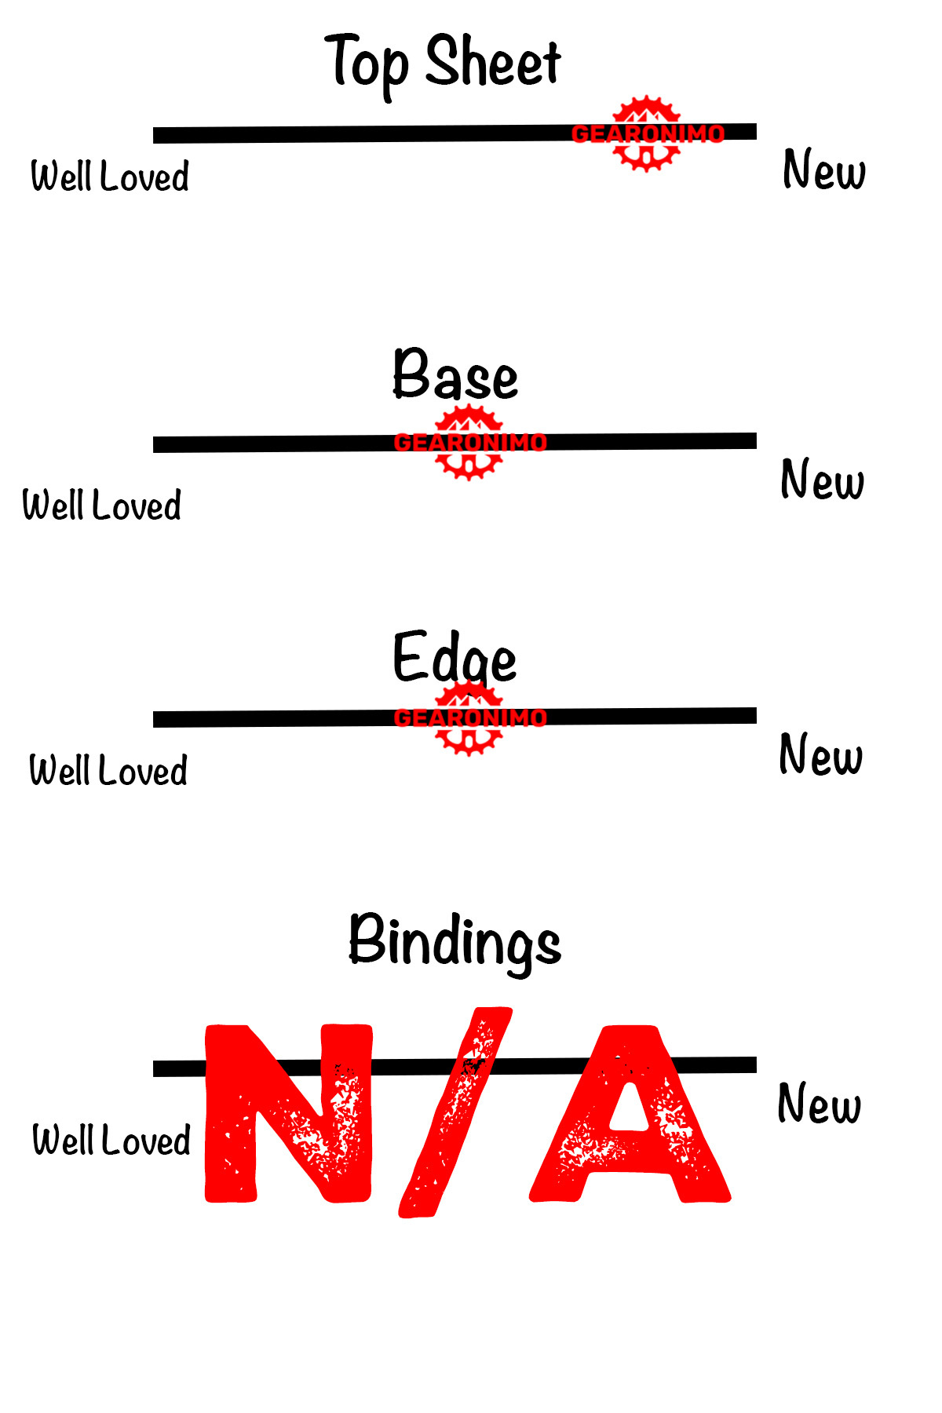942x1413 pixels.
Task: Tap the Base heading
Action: click(x=455, y=375)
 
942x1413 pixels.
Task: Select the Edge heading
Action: click(x=455, y=658)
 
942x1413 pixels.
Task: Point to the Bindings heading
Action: click(x=455, y=940)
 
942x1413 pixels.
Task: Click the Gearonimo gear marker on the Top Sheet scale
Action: click(x=646, y=133)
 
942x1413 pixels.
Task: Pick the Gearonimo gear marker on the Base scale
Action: click(x=469, y=442)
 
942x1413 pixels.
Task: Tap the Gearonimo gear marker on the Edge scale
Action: click(x=469, y=717)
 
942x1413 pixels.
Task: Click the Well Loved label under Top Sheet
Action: click(x=110, y=176)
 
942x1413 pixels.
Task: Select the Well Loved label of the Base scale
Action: click(x=102, y=505)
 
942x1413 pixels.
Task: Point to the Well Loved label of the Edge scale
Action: click(x=108, y=770)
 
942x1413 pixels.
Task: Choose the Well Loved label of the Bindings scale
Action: click(x=111, y=1140)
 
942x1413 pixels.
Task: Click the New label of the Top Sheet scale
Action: click(x=824, y=170)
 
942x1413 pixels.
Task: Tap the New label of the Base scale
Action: click(x=822, y=480)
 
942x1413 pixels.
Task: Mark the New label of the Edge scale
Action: click(x=820, y=754)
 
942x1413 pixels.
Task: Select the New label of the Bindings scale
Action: click(x=819, y=1103)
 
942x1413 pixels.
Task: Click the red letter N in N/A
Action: click(x=287, y=1113)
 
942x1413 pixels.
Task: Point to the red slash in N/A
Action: click(x=455, y=1113)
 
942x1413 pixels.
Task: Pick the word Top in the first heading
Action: click(x=367, y=63)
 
